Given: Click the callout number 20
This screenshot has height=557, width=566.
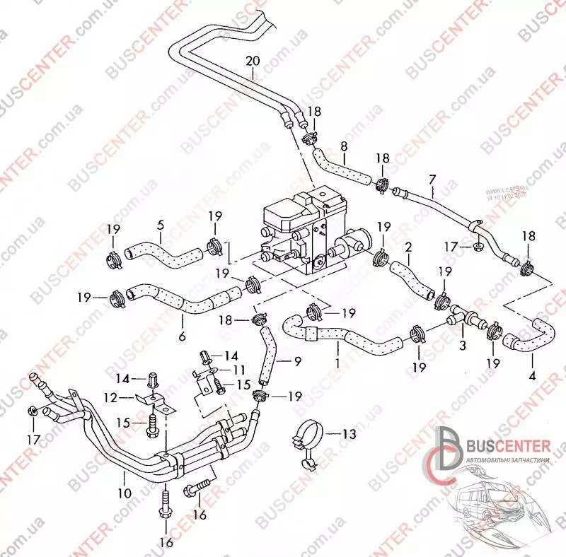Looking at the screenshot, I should click(x=253, y=61).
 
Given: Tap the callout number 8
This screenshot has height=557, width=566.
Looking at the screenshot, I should click(x=344, y=146).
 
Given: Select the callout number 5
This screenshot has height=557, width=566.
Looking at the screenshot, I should click(x=160, y=225).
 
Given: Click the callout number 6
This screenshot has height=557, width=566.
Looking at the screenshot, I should click(x=182, y=336).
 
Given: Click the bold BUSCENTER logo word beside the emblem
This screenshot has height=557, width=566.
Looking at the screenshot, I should click(x=506, y=445).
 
